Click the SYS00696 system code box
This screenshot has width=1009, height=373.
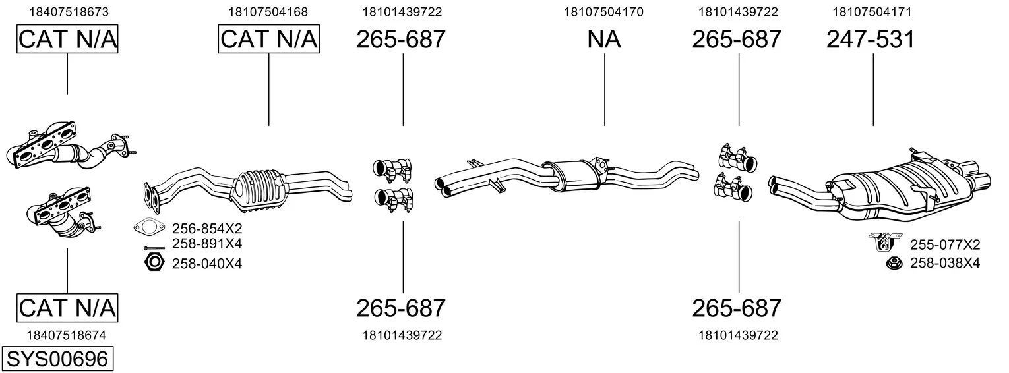(57, 359)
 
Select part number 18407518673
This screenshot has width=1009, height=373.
(69, 12)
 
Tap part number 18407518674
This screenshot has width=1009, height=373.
(67, 335)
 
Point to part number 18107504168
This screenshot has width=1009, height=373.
(268, 12)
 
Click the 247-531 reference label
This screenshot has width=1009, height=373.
(871, 39)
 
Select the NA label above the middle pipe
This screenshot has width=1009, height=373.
(604, 39)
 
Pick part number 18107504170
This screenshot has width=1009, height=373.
(603, 12)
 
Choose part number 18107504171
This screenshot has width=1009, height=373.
(872, 12)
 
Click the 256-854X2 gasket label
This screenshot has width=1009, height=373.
(207, 228)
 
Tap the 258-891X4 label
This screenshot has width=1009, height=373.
(207, 243)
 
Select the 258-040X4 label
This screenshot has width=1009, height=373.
(207, 263)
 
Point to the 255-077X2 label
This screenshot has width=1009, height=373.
(945, 244)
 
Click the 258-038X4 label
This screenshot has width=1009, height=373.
(945, 263)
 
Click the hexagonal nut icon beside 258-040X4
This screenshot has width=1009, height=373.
(154, 262)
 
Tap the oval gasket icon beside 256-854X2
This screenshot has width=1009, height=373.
(149, 227)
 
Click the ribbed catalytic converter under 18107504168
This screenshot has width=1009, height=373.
(258, 190)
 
